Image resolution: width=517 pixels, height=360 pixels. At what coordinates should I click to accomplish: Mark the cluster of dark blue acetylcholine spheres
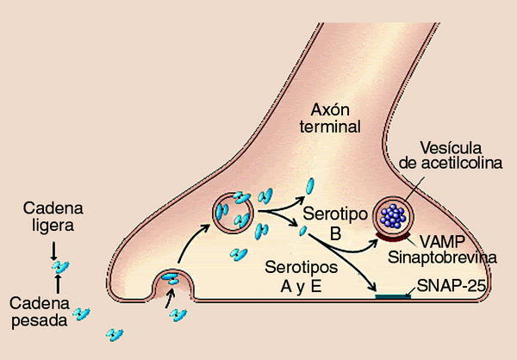tap(395, 214)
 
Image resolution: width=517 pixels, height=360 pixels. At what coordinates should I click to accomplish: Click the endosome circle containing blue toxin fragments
tap(233, 211)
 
